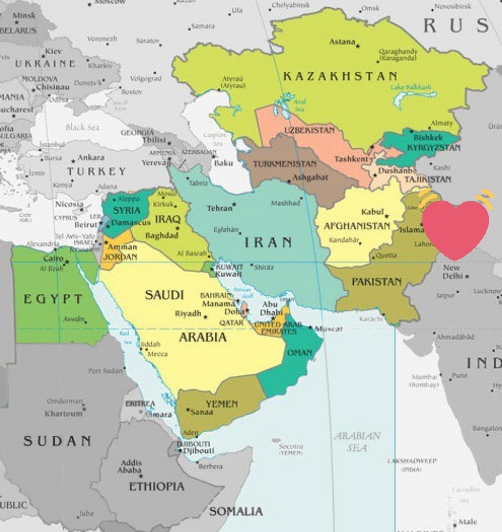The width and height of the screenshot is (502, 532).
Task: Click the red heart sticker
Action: click(456, 229)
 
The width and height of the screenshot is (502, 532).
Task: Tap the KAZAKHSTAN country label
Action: click(340, 76)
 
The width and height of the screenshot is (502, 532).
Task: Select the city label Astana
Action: click(342, 42)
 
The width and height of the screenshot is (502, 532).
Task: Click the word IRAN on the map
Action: click(268, 242)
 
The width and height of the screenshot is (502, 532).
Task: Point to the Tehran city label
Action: click(220, 208)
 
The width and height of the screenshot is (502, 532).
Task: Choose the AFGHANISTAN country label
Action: click(357, 226)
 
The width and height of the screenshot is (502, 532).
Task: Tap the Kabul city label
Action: click(372, 212)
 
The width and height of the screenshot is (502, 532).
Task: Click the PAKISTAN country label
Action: click(377, 282)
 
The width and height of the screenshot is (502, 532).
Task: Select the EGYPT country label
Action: click(53, 299)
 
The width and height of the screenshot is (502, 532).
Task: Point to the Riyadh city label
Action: click(188, 314)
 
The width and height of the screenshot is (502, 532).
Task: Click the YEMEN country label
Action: click(221, 404)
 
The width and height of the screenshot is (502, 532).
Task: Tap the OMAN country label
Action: click(300, 353)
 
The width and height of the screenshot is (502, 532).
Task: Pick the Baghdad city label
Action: click(162, 236)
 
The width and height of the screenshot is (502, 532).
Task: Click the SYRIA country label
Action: click(126, 210)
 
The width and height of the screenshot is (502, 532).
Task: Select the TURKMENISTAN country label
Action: click(285, 164)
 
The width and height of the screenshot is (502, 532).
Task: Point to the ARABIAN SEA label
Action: click(357, 441)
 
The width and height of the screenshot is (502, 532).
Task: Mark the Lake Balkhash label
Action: click(411, 87)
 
